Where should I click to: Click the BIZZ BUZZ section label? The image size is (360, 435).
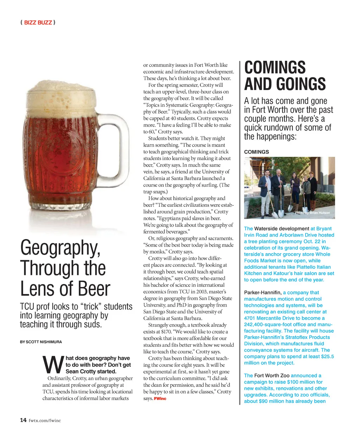click(x=38, y=23)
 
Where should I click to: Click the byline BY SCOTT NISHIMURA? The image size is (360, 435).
click(x=41, y=342)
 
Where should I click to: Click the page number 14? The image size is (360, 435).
click(x=23, y=420)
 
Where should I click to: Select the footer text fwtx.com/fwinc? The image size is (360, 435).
click(x=45, y=420)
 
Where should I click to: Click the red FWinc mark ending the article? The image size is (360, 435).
click(x=160, y=398)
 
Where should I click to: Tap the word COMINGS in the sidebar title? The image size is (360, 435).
click(x=275, y=67)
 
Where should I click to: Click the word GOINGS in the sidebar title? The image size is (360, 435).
click(x=300, y=84)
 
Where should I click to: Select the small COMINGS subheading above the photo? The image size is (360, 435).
click(x=256, y=152)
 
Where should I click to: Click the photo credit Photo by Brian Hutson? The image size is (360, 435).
click(x=312, y=213)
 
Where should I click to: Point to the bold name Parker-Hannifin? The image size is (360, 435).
click(x=263, y=293)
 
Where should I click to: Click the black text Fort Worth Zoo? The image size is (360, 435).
click(x=272, y=376)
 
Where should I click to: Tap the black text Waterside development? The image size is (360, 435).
click(x=282, y=229)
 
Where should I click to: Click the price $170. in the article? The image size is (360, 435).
click(x=166, y=332)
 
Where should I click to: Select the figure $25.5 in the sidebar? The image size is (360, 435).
click(x=327, y=357)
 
